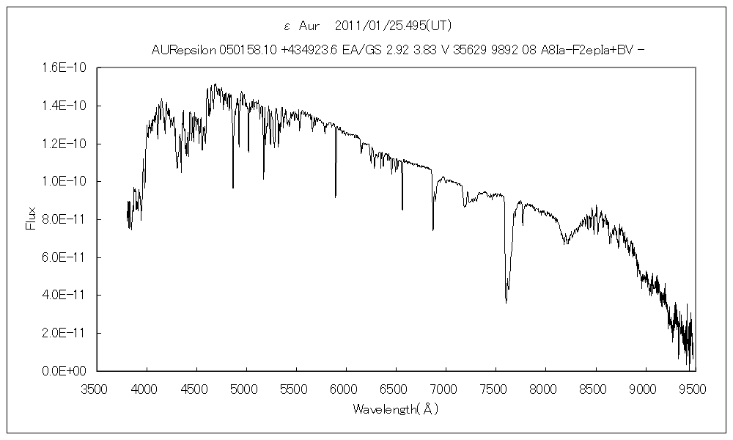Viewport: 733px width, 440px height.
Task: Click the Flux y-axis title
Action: (x=31, y=219)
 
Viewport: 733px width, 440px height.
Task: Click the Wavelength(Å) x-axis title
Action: (x=395, y=408)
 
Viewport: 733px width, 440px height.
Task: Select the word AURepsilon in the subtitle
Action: (x=184, y=50)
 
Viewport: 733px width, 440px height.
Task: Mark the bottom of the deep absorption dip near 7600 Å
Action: (x=507, y=301)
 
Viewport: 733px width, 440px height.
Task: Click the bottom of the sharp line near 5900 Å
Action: (x=336, y=197)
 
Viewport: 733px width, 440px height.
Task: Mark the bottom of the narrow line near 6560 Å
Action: (x=402, y=210)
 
